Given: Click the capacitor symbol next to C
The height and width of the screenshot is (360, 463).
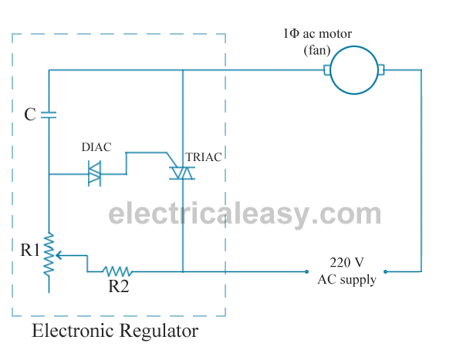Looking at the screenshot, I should pos(49,115).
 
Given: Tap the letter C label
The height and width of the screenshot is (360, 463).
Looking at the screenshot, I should pos(29,115).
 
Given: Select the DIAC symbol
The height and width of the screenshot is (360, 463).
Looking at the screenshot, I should pos(95,173).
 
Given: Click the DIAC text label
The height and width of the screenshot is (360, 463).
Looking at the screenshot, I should pos(97,146).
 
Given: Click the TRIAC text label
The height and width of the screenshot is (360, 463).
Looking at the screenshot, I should pos(204,156).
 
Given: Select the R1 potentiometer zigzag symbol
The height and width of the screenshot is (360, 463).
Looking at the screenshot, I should pos(49,254).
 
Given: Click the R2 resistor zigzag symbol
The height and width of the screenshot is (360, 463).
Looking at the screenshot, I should pos(118,271).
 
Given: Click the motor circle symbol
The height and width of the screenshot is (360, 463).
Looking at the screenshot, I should pos(355,70).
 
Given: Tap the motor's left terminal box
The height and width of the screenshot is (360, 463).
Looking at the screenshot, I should pos(327,70).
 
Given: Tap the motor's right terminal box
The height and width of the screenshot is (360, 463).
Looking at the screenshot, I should pos(380,70).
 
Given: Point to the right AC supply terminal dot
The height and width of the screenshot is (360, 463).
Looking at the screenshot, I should pos(387,271).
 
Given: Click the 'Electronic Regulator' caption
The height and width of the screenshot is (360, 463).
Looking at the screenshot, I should pos(114,331).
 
